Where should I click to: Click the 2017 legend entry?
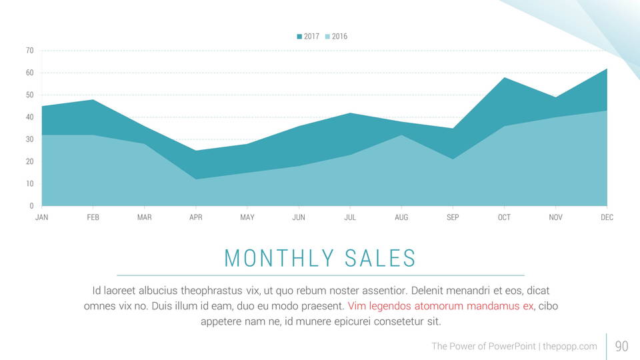pyautogui.click(x=308, y=37)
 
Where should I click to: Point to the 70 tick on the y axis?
pyautogui.click(x=30, y=51)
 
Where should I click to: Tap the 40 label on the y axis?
pyautogui.click(x=30, y=117)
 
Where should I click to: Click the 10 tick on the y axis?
pyautogui.click(x=30, y=184)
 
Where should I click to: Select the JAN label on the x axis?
pyautogui.click(x=41, y=218)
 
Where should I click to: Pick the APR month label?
pyautogui.click(x=196, y=218)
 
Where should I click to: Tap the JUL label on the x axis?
pyautogui.click(x=350, y=218)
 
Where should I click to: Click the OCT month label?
pyautogui.click(x=504, y=218)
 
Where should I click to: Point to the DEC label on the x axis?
pyautogui.click(x=607, y=218)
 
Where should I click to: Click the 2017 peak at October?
pyautogui.click(x=504, y=78)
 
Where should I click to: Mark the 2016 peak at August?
pyautogui.click(x=401, y=135)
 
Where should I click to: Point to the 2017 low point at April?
pyautogui.click(x=196, y=151)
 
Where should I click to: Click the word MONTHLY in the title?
pyautogui.click(x=279, y=258)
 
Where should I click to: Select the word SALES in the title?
pyautogui.click(x=381, y=258)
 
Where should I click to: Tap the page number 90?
pyautogui.click(x=621, y=346)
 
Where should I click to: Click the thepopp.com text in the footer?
pyautogui.click(x=570, y=346)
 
